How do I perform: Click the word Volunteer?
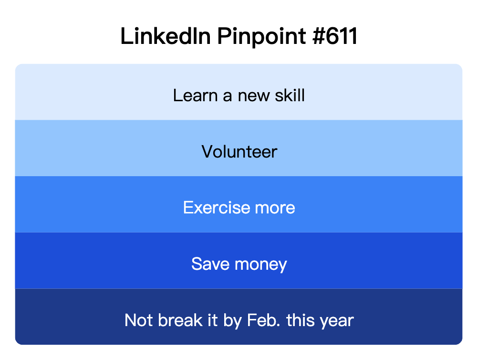point(239,152)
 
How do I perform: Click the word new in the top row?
point(254,96)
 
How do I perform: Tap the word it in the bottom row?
point(213,320)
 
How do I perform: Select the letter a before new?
point(228,96)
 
